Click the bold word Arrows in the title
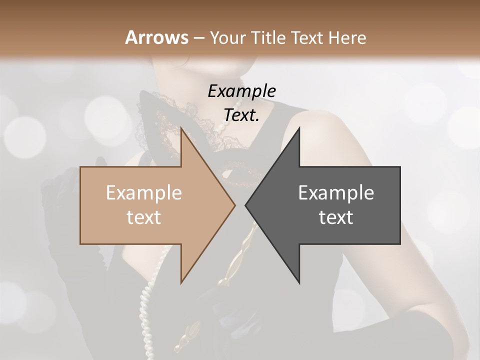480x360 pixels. (x=157, y=37)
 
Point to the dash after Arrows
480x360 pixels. (x=198, y=38)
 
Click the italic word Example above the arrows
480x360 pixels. (x=241, y=91)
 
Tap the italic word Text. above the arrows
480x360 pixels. (x=241, y=115)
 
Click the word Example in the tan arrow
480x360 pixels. (x=144, y=193)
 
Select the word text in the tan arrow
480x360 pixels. (x=144, y=217)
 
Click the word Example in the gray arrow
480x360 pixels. (x=336, y=193)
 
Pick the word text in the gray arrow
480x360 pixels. (x=336, y=217)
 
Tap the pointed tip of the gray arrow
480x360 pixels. (x=246, y=205)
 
